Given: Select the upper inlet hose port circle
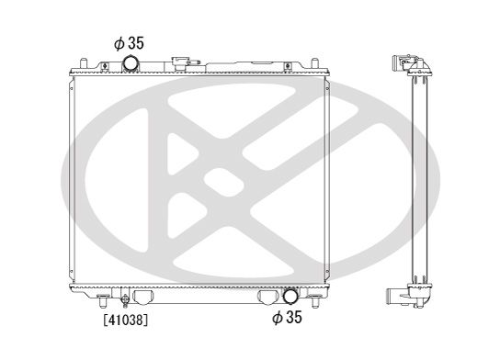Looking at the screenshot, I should pos(132,63).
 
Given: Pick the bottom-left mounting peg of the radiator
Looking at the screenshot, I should pos(101,304).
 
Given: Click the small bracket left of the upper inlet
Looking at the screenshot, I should pos(108,63).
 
